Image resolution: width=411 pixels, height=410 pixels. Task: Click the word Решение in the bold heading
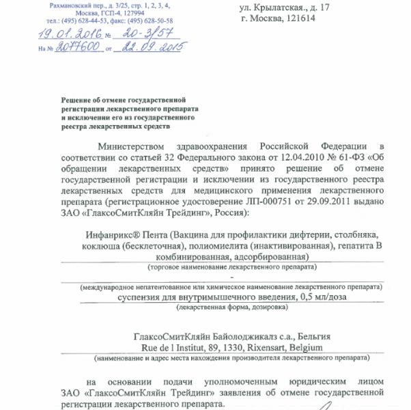tap(76, 100)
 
